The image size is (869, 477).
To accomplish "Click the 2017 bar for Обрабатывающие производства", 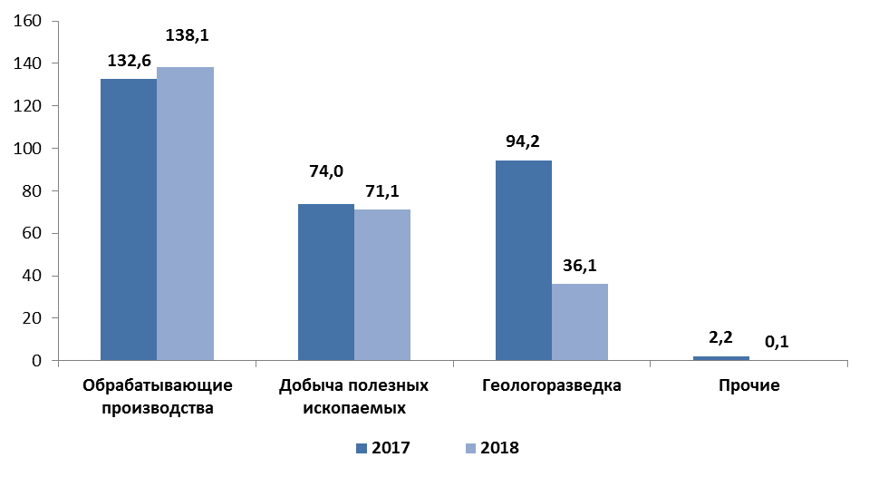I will pyautogui.click(x=128, y=219).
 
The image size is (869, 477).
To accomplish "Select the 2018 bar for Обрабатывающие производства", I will pyautogui.click(x=185, y=214).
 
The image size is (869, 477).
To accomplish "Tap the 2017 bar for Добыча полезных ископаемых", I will pyautogui.click(x=326, y=282).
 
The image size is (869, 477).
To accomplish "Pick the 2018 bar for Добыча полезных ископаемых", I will pyautogui.click(x=382, y=285).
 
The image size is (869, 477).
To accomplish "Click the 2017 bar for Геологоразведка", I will pyautogui.click(x=523, y=260).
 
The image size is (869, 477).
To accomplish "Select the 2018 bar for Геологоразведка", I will pyautogui.click(x=580, y=322).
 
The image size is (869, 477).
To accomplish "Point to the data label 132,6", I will pyautogui.click(x=128, y=61).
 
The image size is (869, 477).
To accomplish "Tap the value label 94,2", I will pyautogui.click(x=523, y=141).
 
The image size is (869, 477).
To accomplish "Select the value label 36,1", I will pyautogui.click(x=579, y=266).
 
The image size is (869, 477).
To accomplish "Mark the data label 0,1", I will pyautogui.click(x=777, y=342).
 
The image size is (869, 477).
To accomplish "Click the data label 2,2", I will pyautogui.click(x=720, y=338).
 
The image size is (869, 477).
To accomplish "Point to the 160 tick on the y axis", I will pyautogui.click(x=32, y=21).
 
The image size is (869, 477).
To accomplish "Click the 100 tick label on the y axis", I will pyautogui.click(x=32, y=149).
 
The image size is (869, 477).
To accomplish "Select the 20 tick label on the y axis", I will pyautogui.click(x=35, y=318).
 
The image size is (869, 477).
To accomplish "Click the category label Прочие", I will pyautogui.click(x=749, y=385).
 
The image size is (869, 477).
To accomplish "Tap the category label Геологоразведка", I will pyautogui.click(x=552, y=385).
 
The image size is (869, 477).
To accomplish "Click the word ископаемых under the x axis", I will pyautogui.click(x=354, y=407).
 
